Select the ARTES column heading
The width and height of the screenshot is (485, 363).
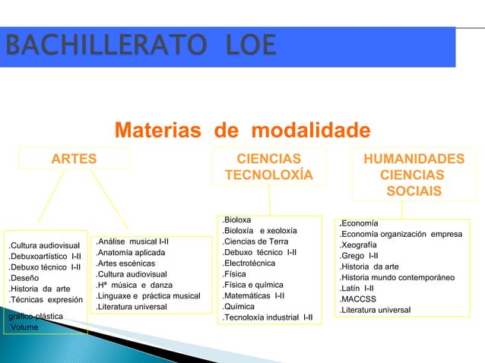(74, 158)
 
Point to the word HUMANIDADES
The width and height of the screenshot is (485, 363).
(414, 158)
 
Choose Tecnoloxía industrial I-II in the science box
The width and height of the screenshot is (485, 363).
(268, 317)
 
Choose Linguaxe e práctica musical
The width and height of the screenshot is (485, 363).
(148, 295)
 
